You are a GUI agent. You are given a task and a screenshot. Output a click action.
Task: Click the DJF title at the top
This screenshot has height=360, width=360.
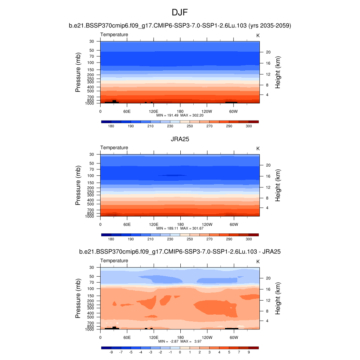pyautogui.click(x=180, y=13)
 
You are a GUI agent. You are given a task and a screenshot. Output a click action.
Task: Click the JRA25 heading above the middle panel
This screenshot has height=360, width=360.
pyautogui.click(x=180, y=139)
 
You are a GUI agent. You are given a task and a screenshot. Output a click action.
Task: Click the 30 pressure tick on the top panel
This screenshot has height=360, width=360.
pyautogui.click(x=92, y=41)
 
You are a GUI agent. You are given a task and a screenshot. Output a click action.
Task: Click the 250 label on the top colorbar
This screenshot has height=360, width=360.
pyautogui.click(x=190, y=126)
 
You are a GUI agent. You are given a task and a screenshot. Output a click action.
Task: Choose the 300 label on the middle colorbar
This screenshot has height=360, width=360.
pyautogui.click(x=249, y=239)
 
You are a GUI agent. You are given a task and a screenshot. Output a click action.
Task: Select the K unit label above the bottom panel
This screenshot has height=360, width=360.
pyautogui.click(x=258, y=262)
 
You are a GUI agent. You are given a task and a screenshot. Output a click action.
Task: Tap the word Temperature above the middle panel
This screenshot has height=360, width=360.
pyautogui.click(x=114, y=148)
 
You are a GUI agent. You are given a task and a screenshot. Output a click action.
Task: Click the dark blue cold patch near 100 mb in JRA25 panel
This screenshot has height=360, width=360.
pyautogui.click(x=172, y=175)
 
